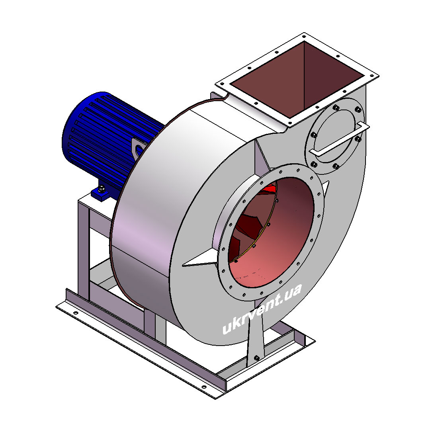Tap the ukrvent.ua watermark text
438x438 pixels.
pyautogui.click(x=262, y=309)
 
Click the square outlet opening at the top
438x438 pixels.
pyautogui.click(x=298, y=80)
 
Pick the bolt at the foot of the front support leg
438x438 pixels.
pyautogui.click(x=256, y=358)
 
